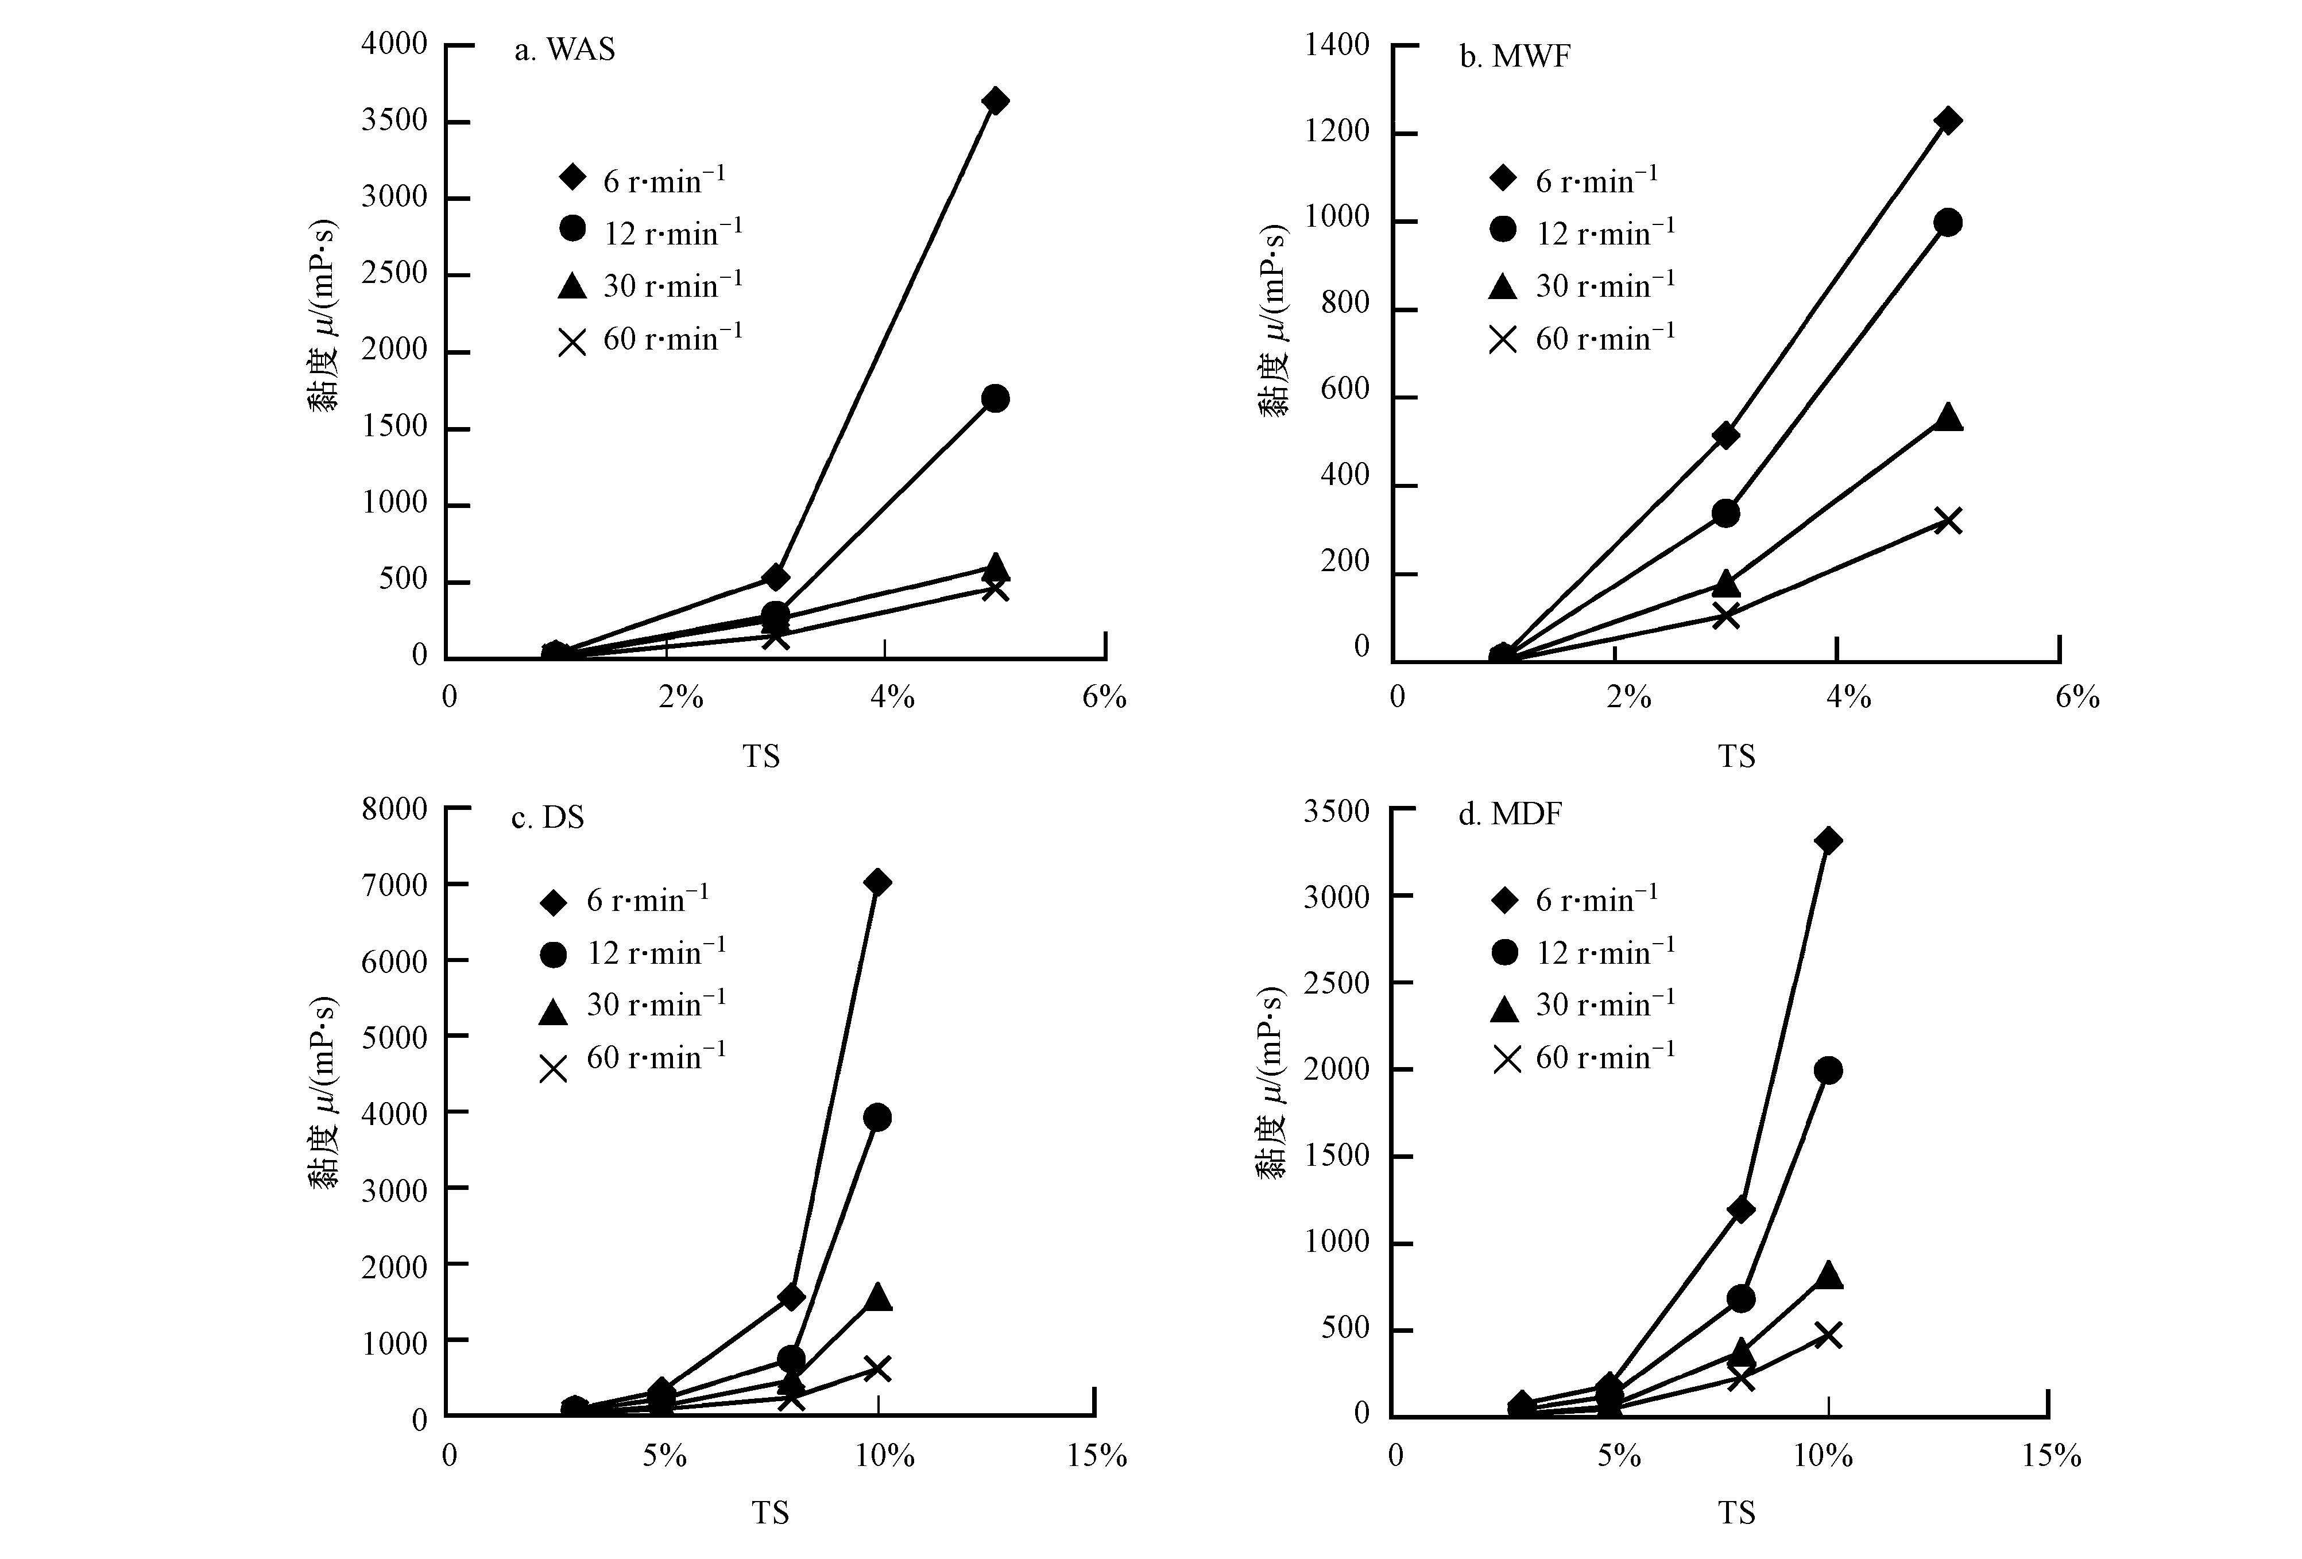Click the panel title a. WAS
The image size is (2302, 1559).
pyautogui.click(x=564, y=49)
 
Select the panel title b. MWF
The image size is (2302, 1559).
pyautogui.click(x=1515, y=56)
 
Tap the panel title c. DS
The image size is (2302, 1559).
pyautogui.click(x=548, y=818)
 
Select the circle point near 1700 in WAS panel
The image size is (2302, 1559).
pyautogui.click(x=996, y=399)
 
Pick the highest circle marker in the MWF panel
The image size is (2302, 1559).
pyautogui.click(x=1947, y=223)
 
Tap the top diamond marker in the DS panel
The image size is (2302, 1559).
pyautogui.click(x=877, y=882)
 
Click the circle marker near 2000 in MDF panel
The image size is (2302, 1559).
pyautogui.click(x=1828, y=1071)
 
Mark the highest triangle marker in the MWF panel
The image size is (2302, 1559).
pyautogui.click(x=1947, y=417)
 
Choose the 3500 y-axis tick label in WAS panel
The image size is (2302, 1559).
pyautogui.click(x=394, y=121)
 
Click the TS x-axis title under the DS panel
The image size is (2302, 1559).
pyautogui.click(x=769, y=1513)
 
